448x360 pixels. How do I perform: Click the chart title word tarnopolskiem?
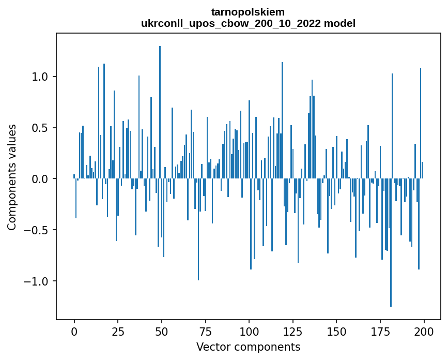tap(248, 12)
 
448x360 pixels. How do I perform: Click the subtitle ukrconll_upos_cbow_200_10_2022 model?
tap(248, 24)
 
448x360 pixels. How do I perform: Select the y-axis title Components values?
tap(12, 177)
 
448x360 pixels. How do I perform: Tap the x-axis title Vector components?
tap(248, 347)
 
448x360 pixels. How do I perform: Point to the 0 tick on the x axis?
tap(74, 331)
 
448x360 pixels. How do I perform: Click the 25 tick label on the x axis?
tap(118, 331)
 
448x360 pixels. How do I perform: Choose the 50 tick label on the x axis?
tap(162, 331)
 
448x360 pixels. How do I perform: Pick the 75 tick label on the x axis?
tap(205, 331)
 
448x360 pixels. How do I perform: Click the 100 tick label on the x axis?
tap(249, 331)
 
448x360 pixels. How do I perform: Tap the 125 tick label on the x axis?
tap(292, 331)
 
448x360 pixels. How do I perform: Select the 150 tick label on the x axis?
tap(336, 331)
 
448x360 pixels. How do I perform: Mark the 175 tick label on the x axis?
tap(380, 331)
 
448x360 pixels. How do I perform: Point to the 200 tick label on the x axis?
tap(424, 331)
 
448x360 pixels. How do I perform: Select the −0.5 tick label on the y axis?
tap(37, 230)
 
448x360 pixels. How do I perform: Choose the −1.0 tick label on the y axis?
tap(37, 281)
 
